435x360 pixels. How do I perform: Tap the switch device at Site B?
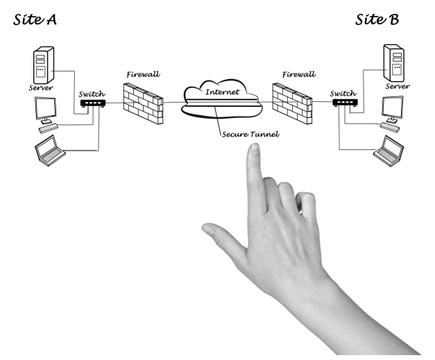pos(344,103)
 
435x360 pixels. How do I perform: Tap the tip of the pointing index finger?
pos(254,148)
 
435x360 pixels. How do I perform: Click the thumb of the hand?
pos(218,235)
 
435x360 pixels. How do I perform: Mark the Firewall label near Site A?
pos(142,73)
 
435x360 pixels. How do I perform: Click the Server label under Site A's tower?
pos(41,88)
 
